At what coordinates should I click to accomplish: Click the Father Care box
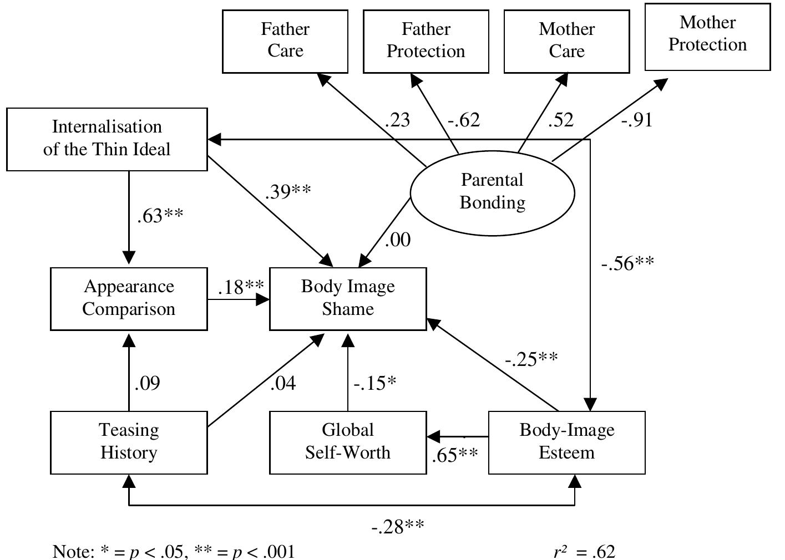click(285, 41)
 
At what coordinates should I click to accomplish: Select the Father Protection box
click(426, 41)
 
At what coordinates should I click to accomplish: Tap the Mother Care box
click(566, 41)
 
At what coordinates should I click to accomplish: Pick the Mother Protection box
click(707, 37)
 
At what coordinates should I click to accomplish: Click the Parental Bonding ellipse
click(492, 192)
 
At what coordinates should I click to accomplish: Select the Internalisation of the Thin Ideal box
click(107, 139)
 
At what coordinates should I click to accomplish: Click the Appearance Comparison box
click(129, 298)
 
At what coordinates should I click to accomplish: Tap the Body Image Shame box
click(348, 298)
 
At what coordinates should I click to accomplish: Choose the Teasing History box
click(129, 442)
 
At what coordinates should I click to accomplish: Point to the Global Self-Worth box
click(348, 442)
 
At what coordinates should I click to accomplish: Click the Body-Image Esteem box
click(566, 442)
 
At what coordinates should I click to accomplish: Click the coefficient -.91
click(636, 120)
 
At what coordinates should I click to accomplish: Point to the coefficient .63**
click(160, 216)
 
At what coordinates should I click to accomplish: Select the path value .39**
click(288, 191)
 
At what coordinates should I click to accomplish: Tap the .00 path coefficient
click(397, 240)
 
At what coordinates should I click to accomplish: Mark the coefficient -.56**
click(627, 263)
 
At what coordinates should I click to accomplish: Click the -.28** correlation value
click(397, 526)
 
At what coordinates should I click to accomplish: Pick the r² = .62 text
click(584, 552)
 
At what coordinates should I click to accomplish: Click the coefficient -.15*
click(375, 383)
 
